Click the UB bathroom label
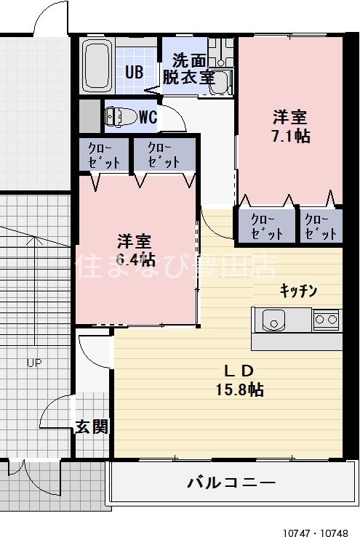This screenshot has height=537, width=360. (x=134, y=72)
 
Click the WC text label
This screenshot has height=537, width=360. (x=147, y=117)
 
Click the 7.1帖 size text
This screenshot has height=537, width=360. (x=289, y=136)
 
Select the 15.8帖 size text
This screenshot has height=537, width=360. (x=239, y=389)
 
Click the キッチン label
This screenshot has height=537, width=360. (x=299, y=291)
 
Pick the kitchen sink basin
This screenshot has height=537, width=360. (x=274, y=319)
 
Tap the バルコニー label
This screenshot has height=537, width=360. (x=231, y=481)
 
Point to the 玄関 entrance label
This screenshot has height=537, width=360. (x=92, y=427)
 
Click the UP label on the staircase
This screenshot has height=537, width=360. (x=34, y=363)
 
